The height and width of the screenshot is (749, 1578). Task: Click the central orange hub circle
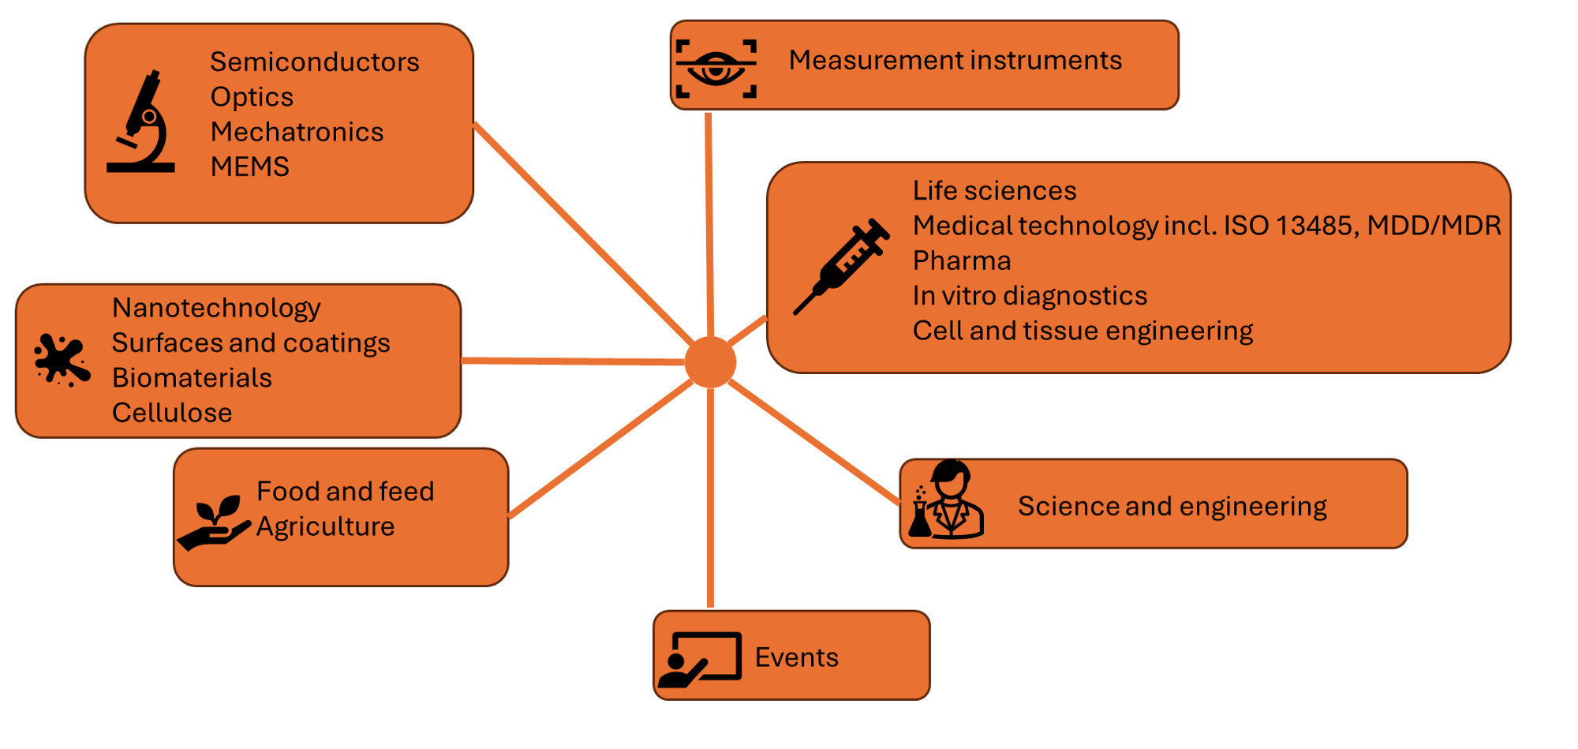[710, 362]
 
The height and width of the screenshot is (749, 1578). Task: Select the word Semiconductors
[314, 62]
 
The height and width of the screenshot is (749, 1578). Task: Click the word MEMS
[249, 167]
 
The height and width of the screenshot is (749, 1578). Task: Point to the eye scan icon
[716, 69]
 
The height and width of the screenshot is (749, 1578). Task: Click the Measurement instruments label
[955, 61]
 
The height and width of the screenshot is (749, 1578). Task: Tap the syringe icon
[841, 266]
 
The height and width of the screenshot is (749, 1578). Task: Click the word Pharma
[961, 261]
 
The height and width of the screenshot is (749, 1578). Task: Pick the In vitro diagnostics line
[1029, 296]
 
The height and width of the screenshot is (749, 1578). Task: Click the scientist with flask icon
[947, 500]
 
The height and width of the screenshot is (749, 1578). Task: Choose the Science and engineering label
[1172, 507]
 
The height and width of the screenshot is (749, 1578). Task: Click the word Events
[796, 657]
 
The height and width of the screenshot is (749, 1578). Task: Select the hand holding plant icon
[213, 522]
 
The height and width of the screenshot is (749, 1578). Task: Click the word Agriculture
[325, 527]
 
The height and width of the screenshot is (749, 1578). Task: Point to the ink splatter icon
[62, 360]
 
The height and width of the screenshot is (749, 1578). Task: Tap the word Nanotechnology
[216, 308]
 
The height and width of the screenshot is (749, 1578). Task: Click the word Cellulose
[172, 413]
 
